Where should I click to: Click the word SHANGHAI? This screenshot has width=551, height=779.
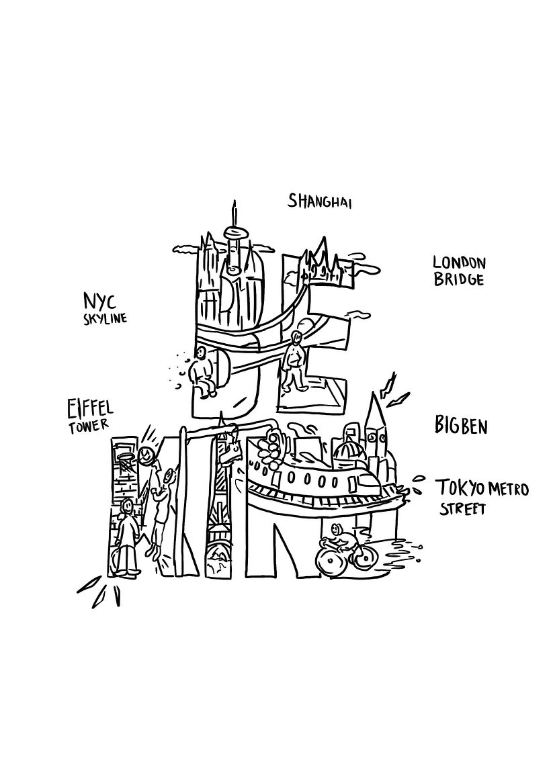click(x=320, y=201)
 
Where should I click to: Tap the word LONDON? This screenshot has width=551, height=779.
click(x=459, y=263)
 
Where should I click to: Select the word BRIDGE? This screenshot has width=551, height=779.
click(x=458, y=279)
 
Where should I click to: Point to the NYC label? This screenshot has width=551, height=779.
click(x=99, y=302)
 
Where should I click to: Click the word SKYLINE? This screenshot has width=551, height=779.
click(x=105, y=318)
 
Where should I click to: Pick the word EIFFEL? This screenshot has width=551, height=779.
click(x=90, y=409)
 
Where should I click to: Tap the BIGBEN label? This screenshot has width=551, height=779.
click(x=461, y=426)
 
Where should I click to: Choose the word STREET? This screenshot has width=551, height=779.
click(x=462, y=509)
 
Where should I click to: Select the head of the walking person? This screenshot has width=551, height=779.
click(x=297, y=337)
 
